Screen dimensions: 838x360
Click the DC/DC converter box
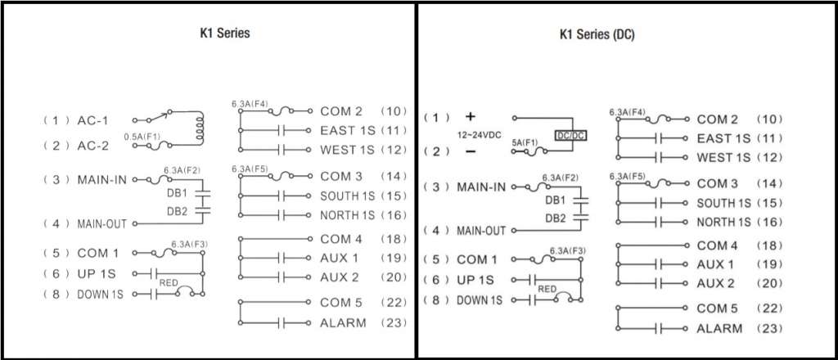[570, 136]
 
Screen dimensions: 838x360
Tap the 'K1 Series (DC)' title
[597, 35]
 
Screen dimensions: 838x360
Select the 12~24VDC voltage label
[480, 135]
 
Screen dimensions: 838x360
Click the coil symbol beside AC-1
[200, 128]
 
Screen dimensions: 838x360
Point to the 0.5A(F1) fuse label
[142, 137]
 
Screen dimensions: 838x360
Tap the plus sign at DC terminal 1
[471, 116]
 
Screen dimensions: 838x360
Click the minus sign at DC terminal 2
[471, 151]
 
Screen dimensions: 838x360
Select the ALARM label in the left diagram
[343, 322]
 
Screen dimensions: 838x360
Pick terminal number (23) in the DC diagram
[769, 328]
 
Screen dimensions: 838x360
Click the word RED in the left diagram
[168, 283]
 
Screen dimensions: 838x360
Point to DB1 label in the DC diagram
[556, 200]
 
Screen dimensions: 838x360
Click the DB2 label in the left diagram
[177, 212]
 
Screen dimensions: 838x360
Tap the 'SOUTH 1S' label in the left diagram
[347, 196]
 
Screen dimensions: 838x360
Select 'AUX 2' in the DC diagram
[715, 283]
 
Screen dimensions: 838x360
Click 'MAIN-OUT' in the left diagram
[101, 224]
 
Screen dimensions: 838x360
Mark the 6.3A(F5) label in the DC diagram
[627, 176]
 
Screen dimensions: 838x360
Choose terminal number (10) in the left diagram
[394, 111]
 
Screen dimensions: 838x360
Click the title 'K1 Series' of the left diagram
[224, 33]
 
